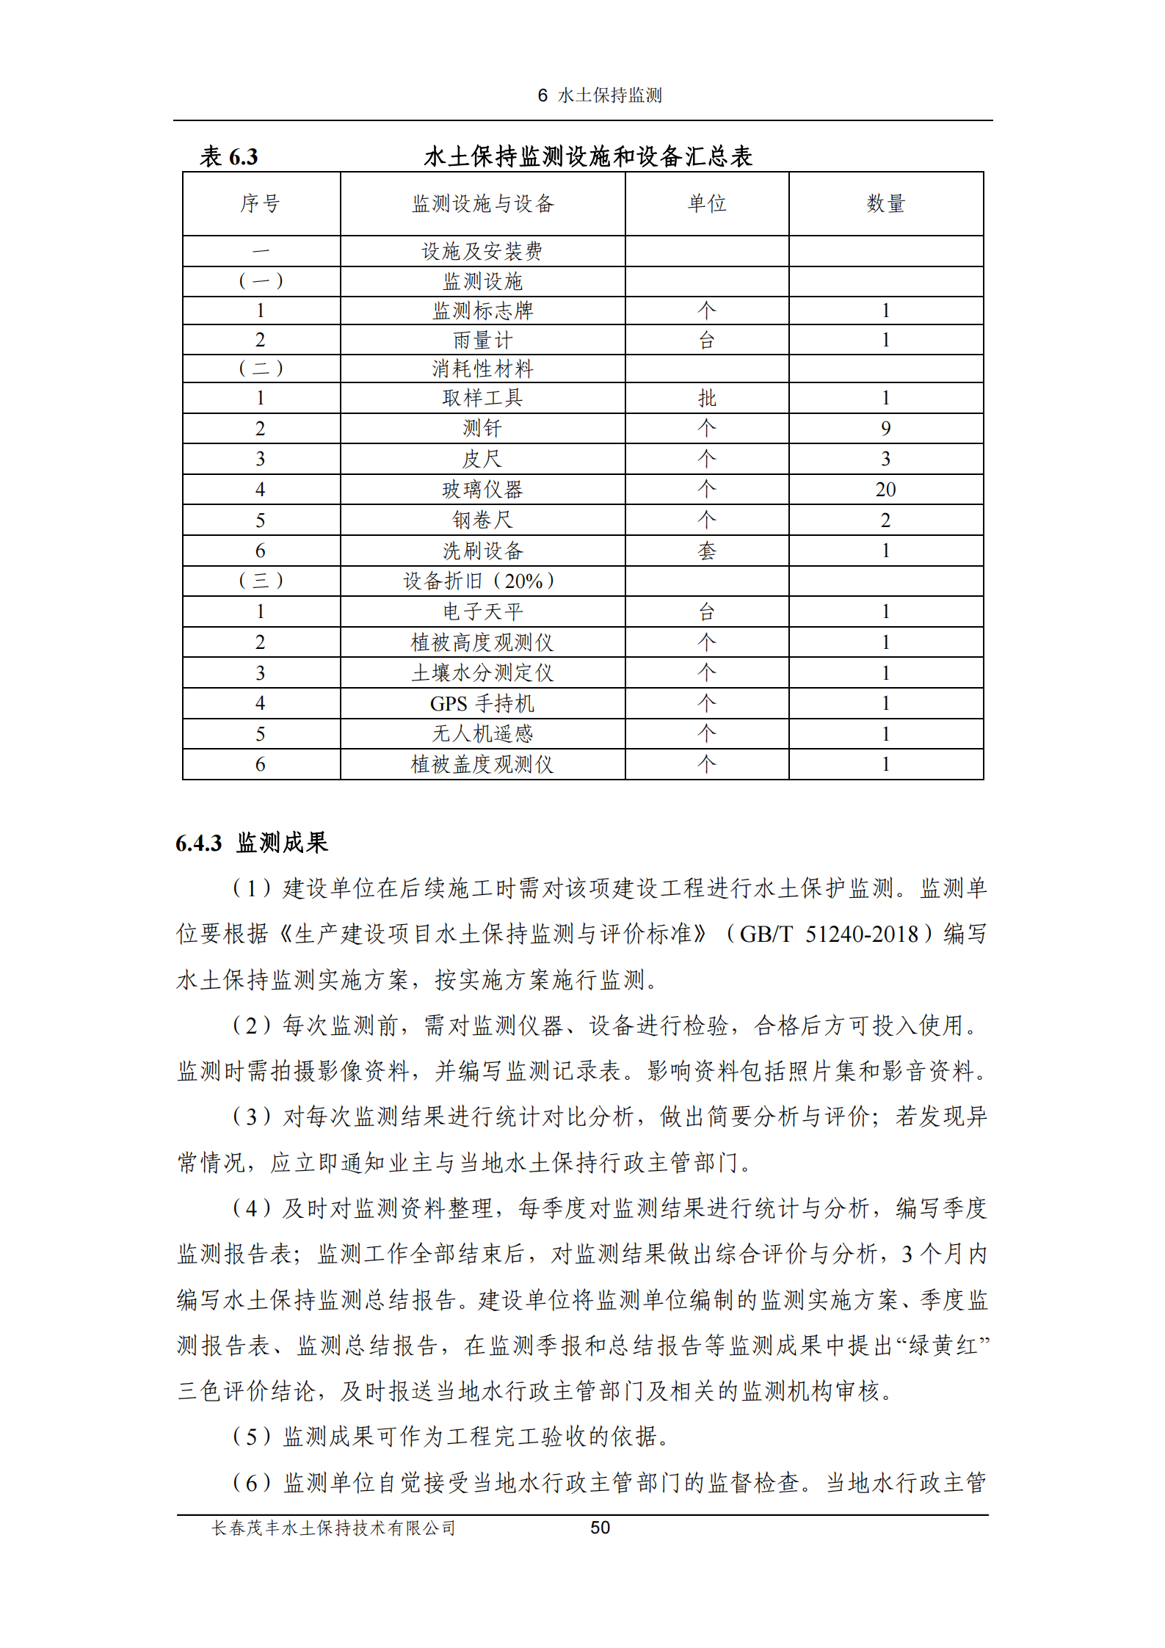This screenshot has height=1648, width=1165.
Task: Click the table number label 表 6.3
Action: click(229, 156)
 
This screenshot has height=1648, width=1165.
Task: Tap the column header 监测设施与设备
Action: click(482, 203)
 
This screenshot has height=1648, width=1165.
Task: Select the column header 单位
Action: click(706, 203)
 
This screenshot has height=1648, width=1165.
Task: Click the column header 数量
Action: click(885, 203)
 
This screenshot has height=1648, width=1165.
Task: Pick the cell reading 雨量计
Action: click(482, 340)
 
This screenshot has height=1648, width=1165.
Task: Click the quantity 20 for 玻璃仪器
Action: click(885, 490)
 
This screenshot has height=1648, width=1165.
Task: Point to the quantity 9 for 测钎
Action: click(885, 429)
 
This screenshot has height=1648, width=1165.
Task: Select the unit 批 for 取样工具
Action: click(706, 398)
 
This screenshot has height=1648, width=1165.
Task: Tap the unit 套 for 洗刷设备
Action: click(706, 551)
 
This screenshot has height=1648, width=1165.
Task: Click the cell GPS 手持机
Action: click(482, 703)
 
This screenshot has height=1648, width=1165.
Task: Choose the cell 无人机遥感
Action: click(482, 733)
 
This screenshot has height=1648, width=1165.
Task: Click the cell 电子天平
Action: click(482, 611)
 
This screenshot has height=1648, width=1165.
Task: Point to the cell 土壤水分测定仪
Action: click(482, 672)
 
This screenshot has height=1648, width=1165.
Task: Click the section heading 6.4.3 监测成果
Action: click(252, 843)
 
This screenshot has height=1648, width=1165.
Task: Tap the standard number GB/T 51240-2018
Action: click(829, 934)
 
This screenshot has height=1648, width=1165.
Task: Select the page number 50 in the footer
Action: click(600, 1528)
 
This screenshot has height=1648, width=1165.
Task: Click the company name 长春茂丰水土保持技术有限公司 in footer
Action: click(334, 1528)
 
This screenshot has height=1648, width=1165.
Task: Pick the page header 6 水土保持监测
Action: click(600, 95)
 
